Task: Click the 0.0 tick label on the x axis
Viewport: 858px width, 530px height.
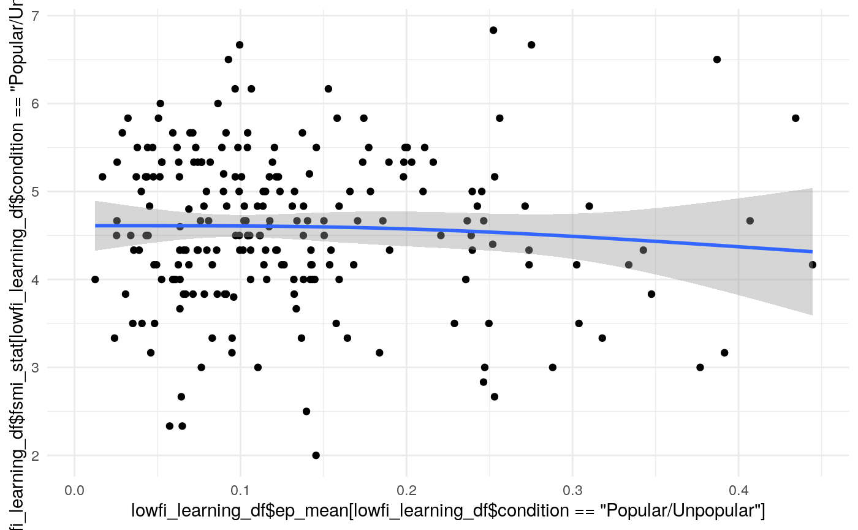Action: coord(75,491)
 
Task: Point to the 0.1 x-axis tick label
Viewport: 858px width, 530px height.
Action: coord(240,491)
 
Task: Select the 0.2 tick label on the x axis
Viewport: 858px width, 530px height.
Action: coord(406,491)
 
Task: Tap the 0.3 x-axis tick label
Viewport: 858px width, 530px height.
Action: coord(572,491)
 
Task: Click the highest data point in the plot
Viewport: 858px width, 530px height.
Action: coord(493,30)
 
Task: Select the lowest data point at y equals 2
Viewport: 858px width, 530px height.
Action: coord(316,455)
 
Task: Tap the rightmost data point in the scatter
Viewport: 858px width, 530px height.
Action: coord(813,265)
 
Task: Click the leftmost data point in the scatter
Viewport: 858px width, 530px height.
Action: coord(95,279)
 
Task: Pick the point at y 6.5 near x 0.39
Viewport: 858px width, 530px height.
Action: coord(717,59)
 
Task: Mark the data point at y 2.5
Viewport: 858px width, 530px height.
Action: coord(306,411)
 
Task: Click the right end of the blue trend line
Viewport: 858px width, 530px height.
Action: coord(812,251)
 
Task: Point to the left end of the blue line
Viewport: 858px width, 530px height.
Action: coord(96,225)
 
